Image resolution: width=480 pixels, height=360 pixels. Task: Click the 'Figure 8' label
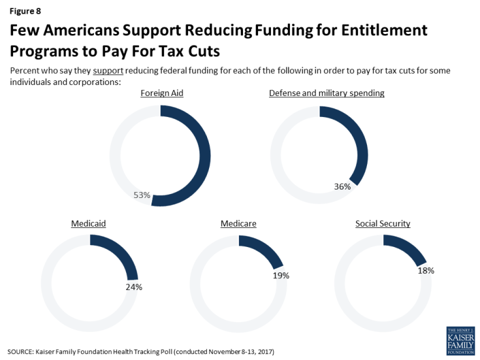(x=25, y=10)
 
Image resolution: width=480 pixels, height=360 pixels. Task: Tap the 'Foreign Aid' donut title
(x=162, y=93)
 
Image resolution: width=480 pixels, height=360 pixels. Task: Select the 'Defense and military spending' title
(x=327, y=93)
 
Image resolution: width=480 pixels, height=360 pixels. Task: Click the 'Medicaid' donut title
(x=88, y=223)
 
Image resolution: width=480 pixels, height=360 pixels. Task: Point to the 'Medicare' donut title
(x=238, y=223)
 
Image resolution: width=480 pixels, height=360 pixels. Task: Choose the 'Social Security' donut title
(x=383, y=223)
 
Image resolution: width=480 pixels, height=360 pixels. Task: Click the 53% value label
(x=142, y=195)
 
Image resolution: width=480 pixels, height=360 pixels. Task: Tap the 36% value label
(x=342, y=186)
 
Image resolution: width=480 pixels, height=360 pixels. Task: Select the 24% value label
(x=133, y=286)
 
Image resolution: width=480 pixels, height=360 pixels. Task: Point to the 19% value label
(x=281, y=276)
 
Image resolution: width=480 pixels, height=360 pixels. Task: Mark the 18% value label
(x=426, y=270)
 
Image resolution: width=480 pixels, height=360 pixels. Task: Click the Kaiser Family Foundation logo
(x=460, y=340)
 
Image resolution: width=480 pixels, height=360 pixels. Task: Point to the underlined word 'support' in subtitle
(x=108, y=71)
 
